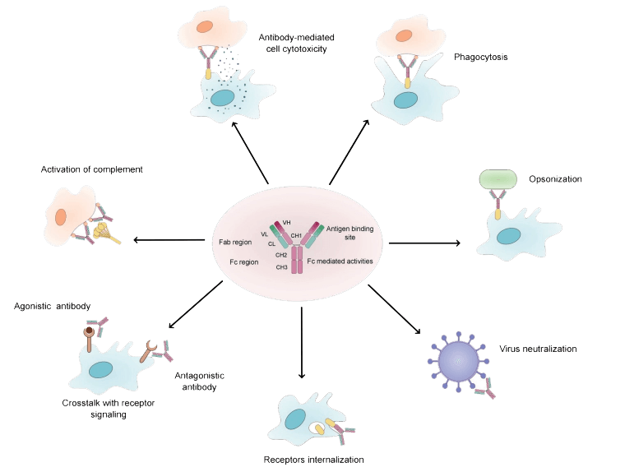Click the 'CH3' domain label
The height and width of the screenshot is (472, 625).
(281, 267)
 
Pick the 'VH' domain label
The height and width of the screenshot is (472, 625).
(286, 223)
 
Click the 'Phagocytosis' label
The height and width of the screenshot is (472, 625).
(478, 57)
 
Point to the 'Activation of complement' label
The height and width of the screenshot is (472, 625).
(91, 169)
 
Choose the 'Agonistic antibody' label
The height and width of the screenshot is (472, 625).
(52, 306)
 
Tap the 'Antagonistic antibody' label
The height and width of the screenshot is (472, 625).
(201, 381)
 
